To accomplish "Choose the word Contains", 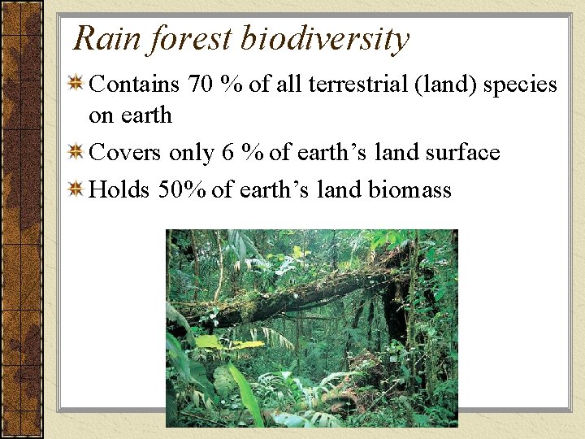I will (134, 84).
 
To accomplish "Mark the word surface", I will (460, 153).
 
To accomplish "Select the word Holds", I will (119, 190).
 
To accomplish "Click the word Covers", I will (124, 153).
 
